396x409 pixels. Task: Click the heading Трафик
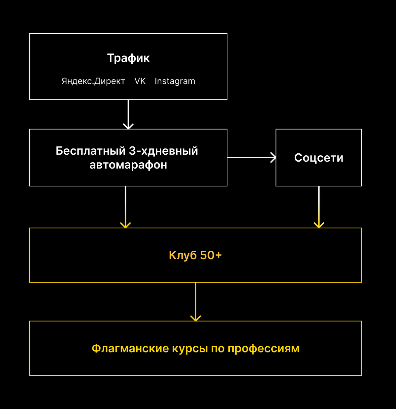click(x=128, y=58)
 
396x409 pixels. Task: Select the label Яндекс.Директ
click(x=93, y=81)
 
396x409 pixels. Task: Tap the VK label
click(x=140, y=81)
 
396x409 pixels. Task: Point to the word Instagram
click(x=175, y=81)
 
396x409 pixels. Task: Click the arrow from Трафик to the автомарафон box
click(x=128, y=114)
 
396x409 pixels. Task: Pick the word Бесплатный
click(x=91, y=151)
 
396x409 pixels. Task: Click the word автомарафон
click(x=128, y=165)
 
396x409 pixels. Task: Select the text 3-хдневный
click(x=163, y=151)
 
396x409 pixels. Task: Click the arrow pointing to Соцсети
click(x=251, y=157)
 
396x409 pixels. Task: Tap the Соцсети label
click(x=318, y=158)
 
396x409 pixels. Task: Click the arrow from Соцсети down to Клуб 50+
click(x=319, y=207)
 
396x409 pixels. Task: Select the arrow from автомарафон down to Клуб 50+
click(x=125, y=207)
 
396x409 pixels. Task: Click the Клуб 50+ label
click(x=195, y=255)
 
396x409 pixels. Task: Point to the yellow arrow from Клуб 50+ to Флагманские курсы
click(x=196, y=302)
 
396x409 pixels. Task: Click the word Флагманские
click(x=130, y=348)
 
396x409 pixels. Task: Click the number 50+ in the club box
click(x=211, y=255)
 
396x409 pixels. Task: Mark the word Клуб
click(x=183, y=255)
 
